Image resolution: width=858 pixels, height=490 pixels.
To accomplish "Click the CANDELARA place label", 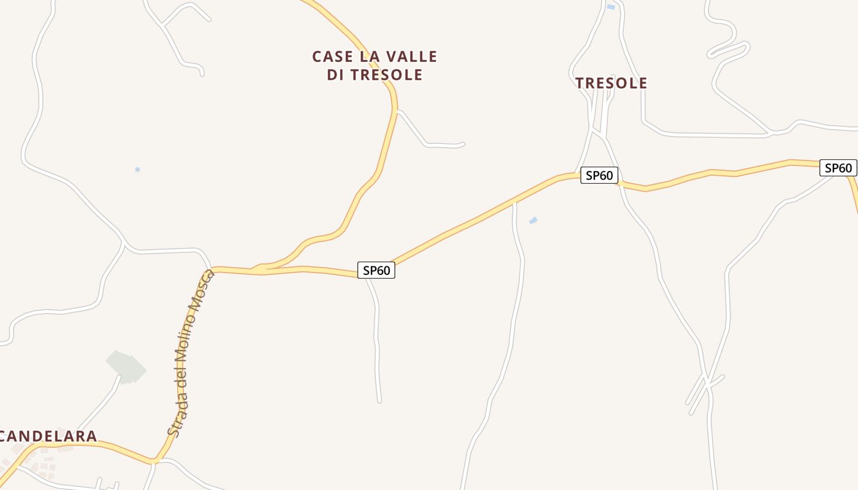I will pyautogui.click(x=48, y=436).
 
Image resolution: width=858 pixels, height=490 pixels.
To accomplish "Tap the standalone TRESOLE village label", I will pyautogui.click(x=611, y=83).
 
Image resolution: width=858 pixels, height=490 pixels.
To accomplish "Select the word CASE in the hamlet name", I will pyautogui.click(x=333, y=56).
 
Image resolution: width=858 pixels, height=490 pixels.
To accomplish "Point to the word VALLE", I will pyautogui.click(x=412, y=56).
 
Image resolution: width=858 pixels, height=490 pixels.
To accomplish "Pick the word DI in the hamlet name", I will pyautogui.click(x=336, y=75).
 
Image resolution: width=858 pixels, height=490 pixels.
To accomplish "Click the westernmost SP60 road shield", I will pyautogui.click(x=376, y=270).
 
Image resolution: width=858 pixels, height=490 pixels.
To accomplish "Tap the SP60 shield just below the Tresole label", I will pyautogui.click(x=599, y=175).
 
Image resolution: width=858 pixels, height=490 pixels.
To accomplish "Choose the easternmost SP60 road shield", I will pyautogui.click(x=838, y=168).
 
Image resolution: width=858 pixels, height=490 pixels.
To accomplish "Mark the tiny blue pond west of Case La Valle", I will pyautogui.click(x=137, y=170).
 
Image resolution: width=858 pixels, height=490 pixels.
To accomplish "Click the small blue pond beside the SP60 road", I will pyautogui.click(x=533, y=220).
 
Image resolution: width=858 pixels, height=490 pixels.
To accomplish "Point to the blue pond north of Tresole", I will pyautogui.click(x=610, y=7).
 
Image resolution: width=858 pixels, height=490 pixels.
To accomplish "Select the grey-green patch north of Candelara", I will pyautogui.click(x=126, y=367).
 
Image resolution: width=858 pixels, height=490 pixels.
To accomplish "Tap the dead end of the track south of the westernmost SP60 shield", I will pyautogui.click(x=380, y=401).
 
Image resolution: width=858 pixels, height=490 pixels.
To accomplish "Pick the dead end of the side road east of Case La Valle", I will pyautogui.click(x=463, y=145).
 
